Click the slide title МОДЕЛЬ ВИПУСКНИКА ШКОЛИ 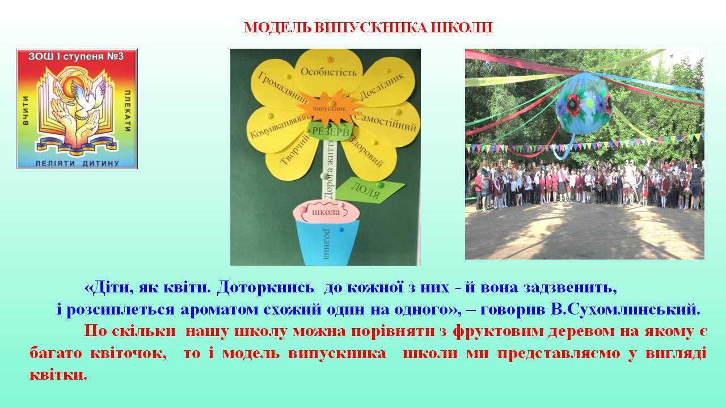(368, 28)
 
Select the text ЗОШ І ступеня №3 (76, 56)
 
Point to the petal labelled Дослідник (384, 83)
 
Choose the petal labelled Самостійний (386, 125)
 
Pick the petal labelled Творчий (292, 155)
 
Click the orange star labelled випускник (329, 108)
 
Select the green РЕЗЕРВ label (331, 131)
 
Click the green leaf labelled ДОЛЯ (369, 190)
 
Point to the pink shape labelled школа (326, 212)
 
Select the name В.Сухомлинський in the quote (625, 309)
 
